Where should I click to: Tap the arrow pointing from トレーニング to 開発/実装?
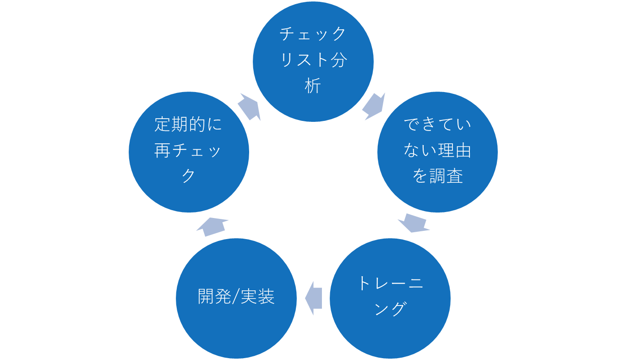coord(314,298)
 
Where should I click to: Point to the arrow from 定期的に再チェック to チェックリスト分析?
coord(249,107)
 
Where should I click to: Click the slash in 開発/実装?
coord(236,297)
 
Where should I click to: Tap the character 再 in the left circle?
coord(163,150)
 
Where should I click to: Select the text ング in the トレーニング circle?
coord(390,309)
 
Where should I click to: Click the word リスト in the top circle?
coord(305,60)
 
